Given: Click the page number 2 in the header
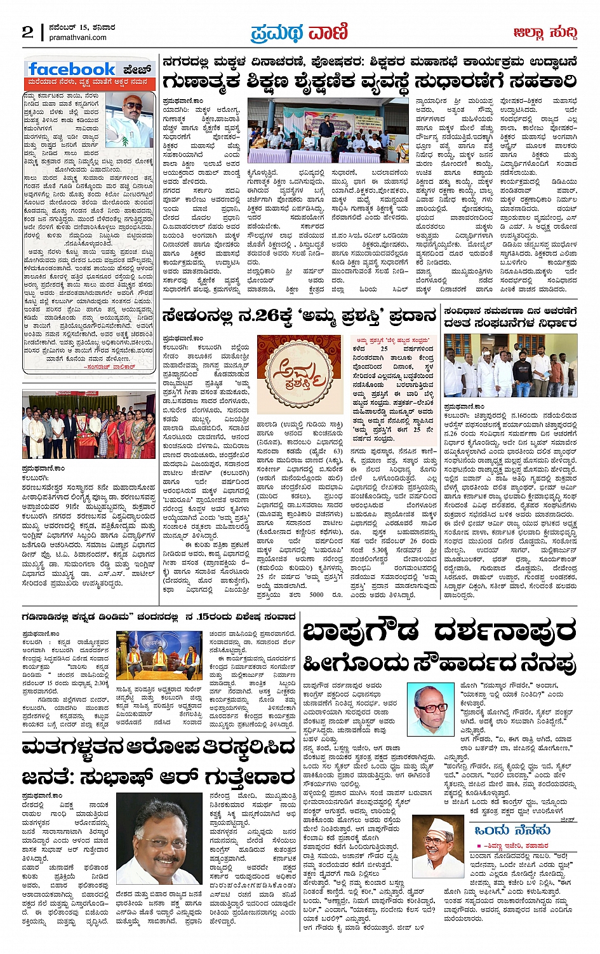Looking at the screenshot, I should tap(27, 32).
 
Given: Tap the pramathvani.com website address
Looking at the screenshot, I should tap(77, 37).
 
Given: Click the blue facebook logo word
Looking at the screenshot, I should tap(71, 69).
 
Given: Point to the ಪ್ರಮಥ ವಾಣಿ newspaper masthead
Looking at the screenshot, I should tap(299, 31).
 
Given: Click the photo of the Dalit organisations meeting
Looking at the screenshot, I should tap(510, 365).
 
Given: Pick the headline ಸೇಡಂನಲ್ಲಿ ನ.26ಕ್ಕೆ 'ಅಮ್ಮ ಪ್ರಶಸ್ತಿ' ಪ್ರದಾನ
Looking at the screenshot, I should tap(299, 315).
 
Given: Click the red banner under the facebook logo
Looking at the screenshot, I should tap(88, 83).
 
